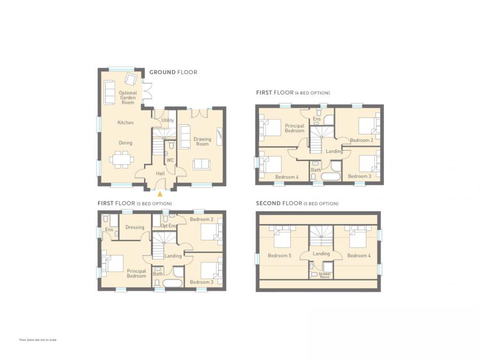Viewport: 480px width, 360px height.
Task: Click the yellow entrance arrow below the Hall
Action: click(159, 194)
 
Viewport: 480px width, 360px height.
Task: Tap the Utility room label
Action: click(167, 121)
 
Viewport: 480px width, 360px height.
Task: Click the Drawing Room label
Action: click(202, 142)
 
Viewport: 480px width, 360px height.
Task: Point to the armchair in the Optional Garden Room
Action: click(131, 79)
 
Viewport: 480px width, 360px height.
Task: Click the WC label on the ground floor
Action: click(170, 159)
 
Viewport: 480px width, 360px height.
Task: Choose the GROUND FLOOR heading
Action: click(173, 72)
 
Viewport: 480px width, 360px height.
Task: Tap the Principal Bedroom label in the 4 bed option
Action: click(294, 129)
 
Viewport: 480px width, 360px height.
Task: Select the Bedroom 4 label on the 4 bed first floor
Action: click(287, 177)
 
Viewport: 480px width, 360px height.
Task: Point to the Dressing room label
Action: click(135, 227)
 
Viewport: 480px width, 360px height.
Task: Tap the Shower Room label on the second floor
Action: click(325, 275)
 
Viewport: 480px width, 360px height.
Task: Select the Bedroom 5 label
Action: click(279, 255)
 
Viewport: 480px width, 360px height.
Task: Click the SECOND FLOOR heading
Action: click(297, 204)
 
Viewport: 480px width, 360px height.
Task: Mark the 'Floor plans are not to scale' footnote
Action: click(38, 340)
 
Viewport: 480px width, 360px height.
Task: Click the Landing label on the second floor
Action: click(321, 254)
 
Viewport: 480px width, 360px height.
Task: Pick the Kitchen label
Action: click(125, 123)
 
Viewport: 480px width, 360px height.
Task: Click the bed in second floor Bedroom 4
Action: click(357, 237)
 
